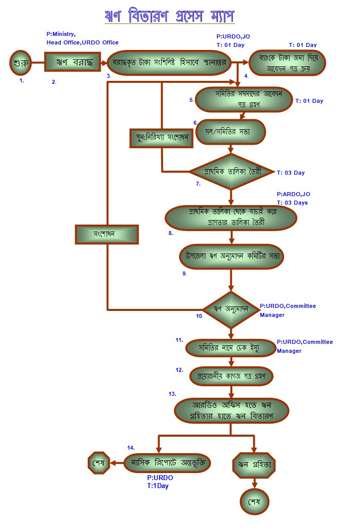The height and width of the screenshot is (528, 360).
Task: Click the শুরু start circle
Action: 20,63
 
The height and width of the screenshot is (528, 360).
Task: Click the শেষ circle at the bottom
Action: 255,501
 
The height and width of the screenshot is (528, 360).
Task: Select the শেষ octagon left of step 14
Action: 98,463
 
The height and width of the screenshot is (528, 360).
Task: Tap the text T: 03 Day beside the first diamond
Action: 291,173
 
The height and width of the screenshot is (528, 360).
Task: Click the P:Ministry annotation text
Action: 61,34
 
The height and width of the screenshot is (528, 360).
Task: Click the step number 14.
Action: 131,447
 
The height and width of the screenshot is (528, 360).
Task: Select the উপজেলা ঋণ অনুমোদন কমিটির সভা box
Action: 230,256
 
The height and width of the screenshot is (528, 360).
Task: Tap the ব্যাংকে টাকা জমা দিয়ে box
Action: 287,63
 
